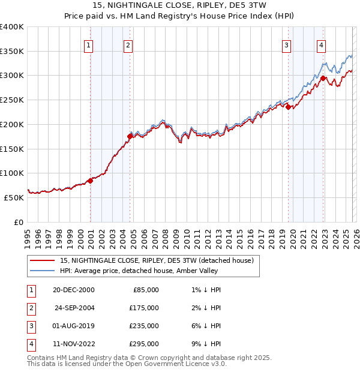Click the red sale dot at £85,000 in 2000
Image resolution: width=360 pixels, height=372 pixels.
click(x=90, y=180)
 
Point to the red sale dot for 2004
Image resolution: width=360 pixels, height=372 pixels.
click(x=130, y=136)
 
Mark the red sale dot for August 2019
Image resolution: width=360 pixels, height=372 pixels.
click(x=288, y=107)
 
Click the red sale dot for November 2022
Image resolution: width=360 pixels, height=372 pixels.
click(x=323, y=78)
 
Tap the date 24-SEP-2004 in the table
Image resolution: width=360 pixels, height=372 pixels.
click(x=75, y=307)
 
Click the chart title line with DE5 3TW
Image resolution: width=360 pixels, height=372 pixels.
click(x=180, y=7)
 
